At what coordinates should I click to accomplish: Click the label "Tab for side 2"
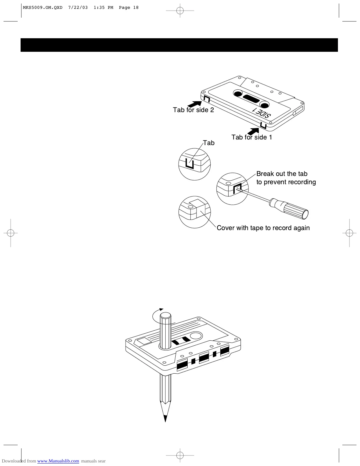click(x=193, y=110)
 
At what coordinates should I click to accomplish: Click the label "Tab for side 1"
click(x=251, y=137)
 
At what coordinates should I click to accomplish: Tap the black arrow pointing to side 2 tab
click(x=194, y=104)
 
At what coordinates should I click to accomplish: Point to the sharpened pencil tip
click(x=165, y=418)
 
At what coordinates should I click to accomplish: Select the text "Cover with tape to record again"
click(x=263, y=228)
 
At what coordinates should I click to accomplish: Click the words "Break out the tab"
click(x=282, y=174)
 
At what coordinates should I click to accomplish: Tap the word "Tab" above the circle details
click(x=209, y=143)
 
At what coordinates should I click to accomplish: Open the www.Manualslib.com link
click(x=58, y=461)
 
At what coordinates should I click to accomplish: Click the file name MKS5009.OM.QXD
click(x=43, y=8)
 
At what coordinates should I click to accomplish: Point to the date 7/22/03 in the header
click(x=78, y=8)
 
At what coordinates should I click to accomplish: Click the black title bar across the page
click(x=179, y=45)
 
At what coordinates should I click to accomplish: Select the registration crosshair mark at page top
click(x=180, y=11)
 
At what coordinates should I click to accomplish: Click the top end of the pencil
click(x=165, y=316)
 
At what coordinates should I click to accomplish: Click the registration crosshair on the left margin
click(x=11, y=233)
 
